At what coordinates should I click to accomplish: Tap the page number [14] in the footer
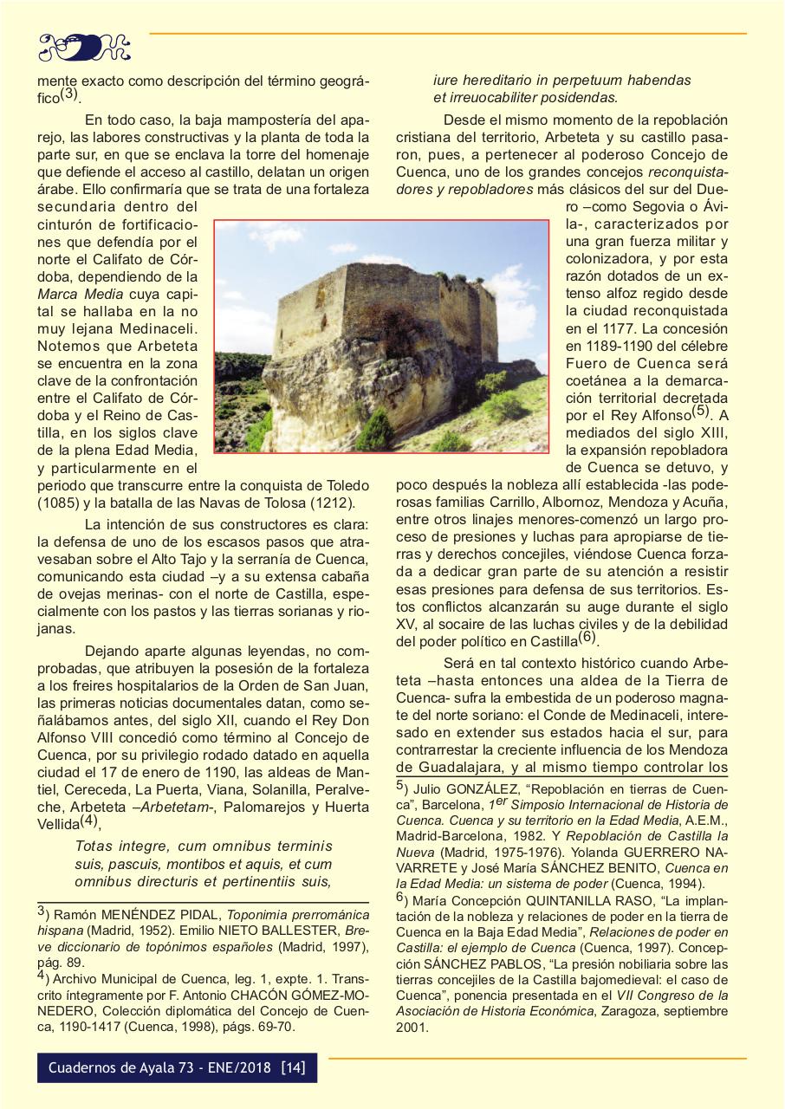click(x=293, y=1067)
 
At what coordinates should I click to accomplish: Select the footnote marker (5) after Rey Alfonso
click(x=701, y=412)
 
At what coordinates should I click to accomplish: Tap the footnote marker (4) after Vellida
click(x=90, y=821)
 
